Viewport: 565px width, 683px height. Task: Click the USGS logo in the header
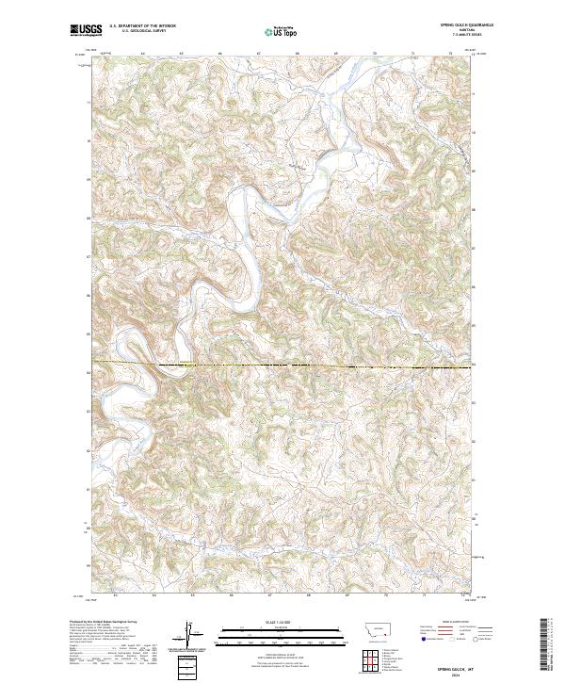click(x=86, y=31)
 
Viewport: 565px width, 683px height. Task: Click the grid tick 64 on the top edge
click(x=142, y=54)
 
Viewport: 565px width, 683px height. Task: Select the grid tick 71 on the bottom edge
click(x=425, y=596)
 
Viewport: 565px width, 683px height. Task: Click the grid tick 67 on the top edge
click(x=258, y=54)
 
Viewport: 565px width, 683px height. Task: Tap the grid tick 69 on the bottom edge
click(x=347, y=596)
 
